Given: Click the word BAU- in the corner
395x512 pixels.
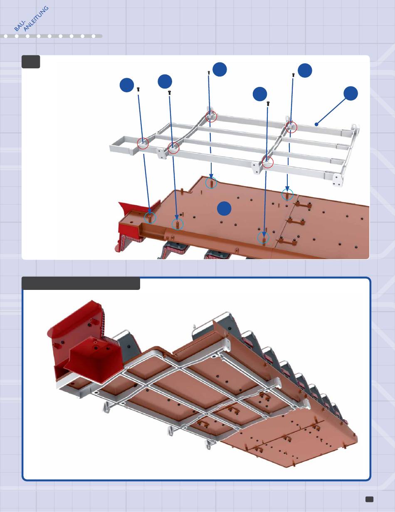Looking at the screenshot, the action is point(20,26).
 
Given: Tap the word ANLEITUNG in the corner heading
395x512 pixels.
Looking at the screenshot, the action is point(36,19).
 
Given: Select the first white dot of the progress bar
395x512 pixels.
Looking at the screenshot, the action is point(6,36).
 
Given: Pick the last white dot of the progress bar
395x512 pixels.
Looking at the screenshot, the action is point(94,36).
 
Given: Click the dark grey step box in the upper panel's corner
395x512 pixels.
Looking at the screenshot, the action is point(31,62).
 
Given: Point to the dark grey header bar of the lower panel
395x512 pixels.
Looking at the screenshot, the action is point(81,283).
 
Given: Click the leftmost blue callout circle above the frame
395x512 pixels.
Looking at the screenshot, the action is point(127,85).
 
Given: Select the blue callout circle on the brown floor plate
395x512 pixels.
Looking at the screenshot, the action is point(224,208).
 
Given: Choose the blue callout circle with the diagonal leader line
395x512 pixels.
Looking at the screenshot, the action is point(351,94).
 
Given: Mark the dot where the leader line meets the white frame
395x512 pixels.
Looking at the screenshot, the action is point(316,124).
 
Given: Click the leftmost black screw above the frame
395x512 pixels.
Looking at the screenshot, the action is point(138,89).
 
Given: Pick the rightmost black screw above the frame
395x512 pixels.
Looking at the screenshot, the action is point(293,75).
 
